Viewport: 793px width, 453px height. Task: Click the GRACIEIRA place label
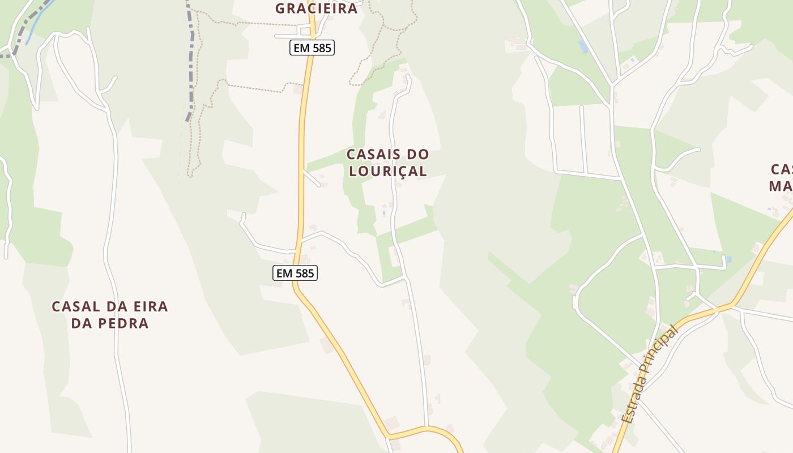click(317, 8)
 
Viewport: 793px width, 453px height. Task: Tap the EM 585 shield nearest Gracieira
click(312, 48)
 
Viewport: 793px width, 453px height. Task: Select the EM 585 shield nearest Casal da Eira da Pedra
click(295, 273)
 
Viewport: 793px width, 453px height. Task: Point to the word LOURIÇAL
click(388, 171)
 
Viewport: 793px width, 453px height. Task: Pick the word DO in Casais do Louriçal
click(417, 154)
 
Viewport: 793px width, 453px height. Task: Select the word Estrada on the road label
click(634, 399)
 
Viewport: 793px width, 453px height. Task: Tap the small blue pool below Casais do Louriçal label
click(383, 213)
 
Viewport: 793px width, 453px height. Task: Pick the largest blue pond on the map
click(583, 46)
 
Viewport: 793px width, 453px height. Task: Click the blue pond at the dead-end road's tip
click(728, 259)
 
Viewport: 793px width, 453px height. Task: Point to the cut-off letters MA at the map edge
click(781, 186)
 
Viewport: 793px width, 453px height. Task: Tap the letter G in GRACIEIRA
click(281, 8)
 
